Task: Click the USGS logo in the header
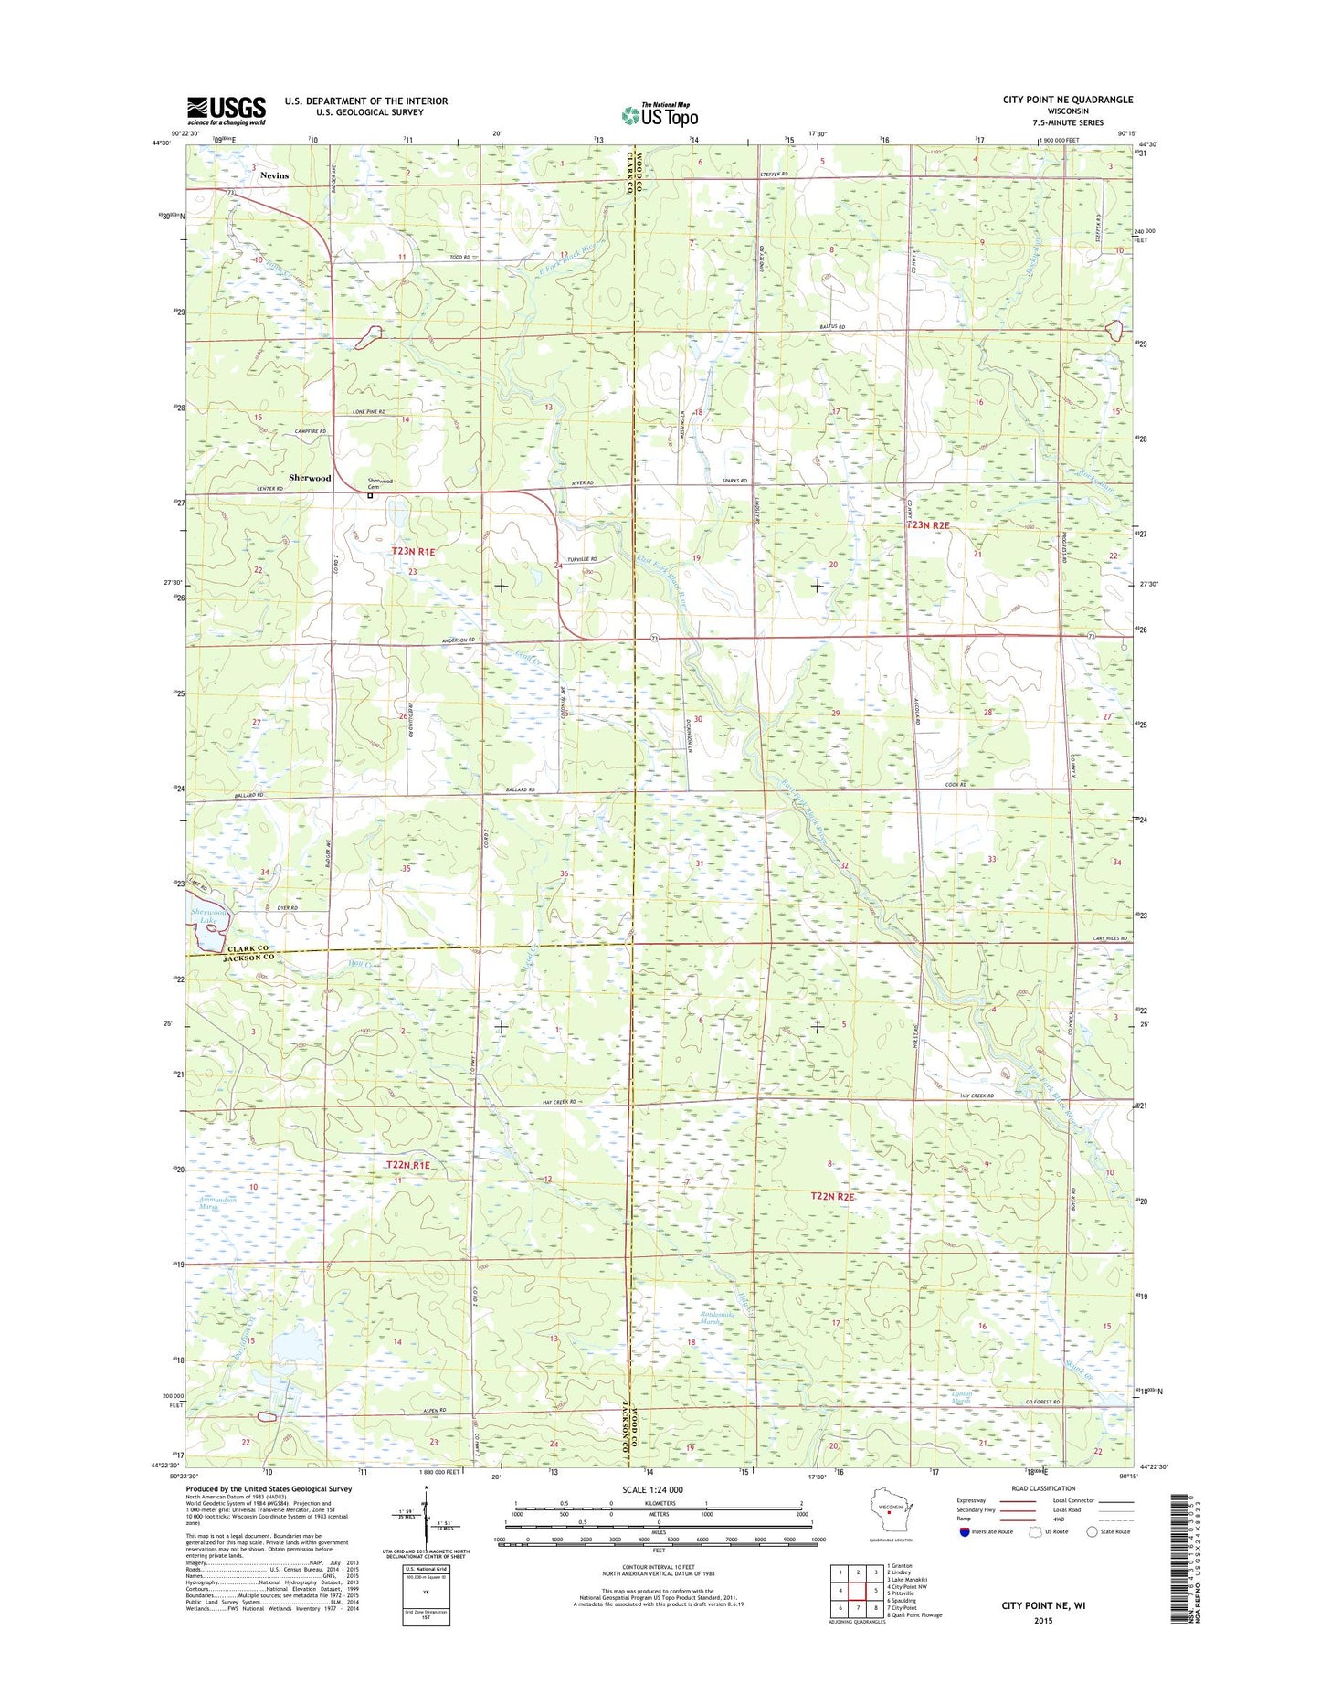pyautogui.click(x=226, y=111)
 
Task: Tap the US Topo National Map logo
pyautogui.click(x=660, y=114)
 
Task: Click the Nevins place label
pyautogui.click(x=273, y=175)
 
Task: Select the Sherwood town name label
pyautogui.click(x=310, y=478)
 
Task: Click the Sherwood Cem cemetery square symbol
pyautogui.click(x=370, y=497)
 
